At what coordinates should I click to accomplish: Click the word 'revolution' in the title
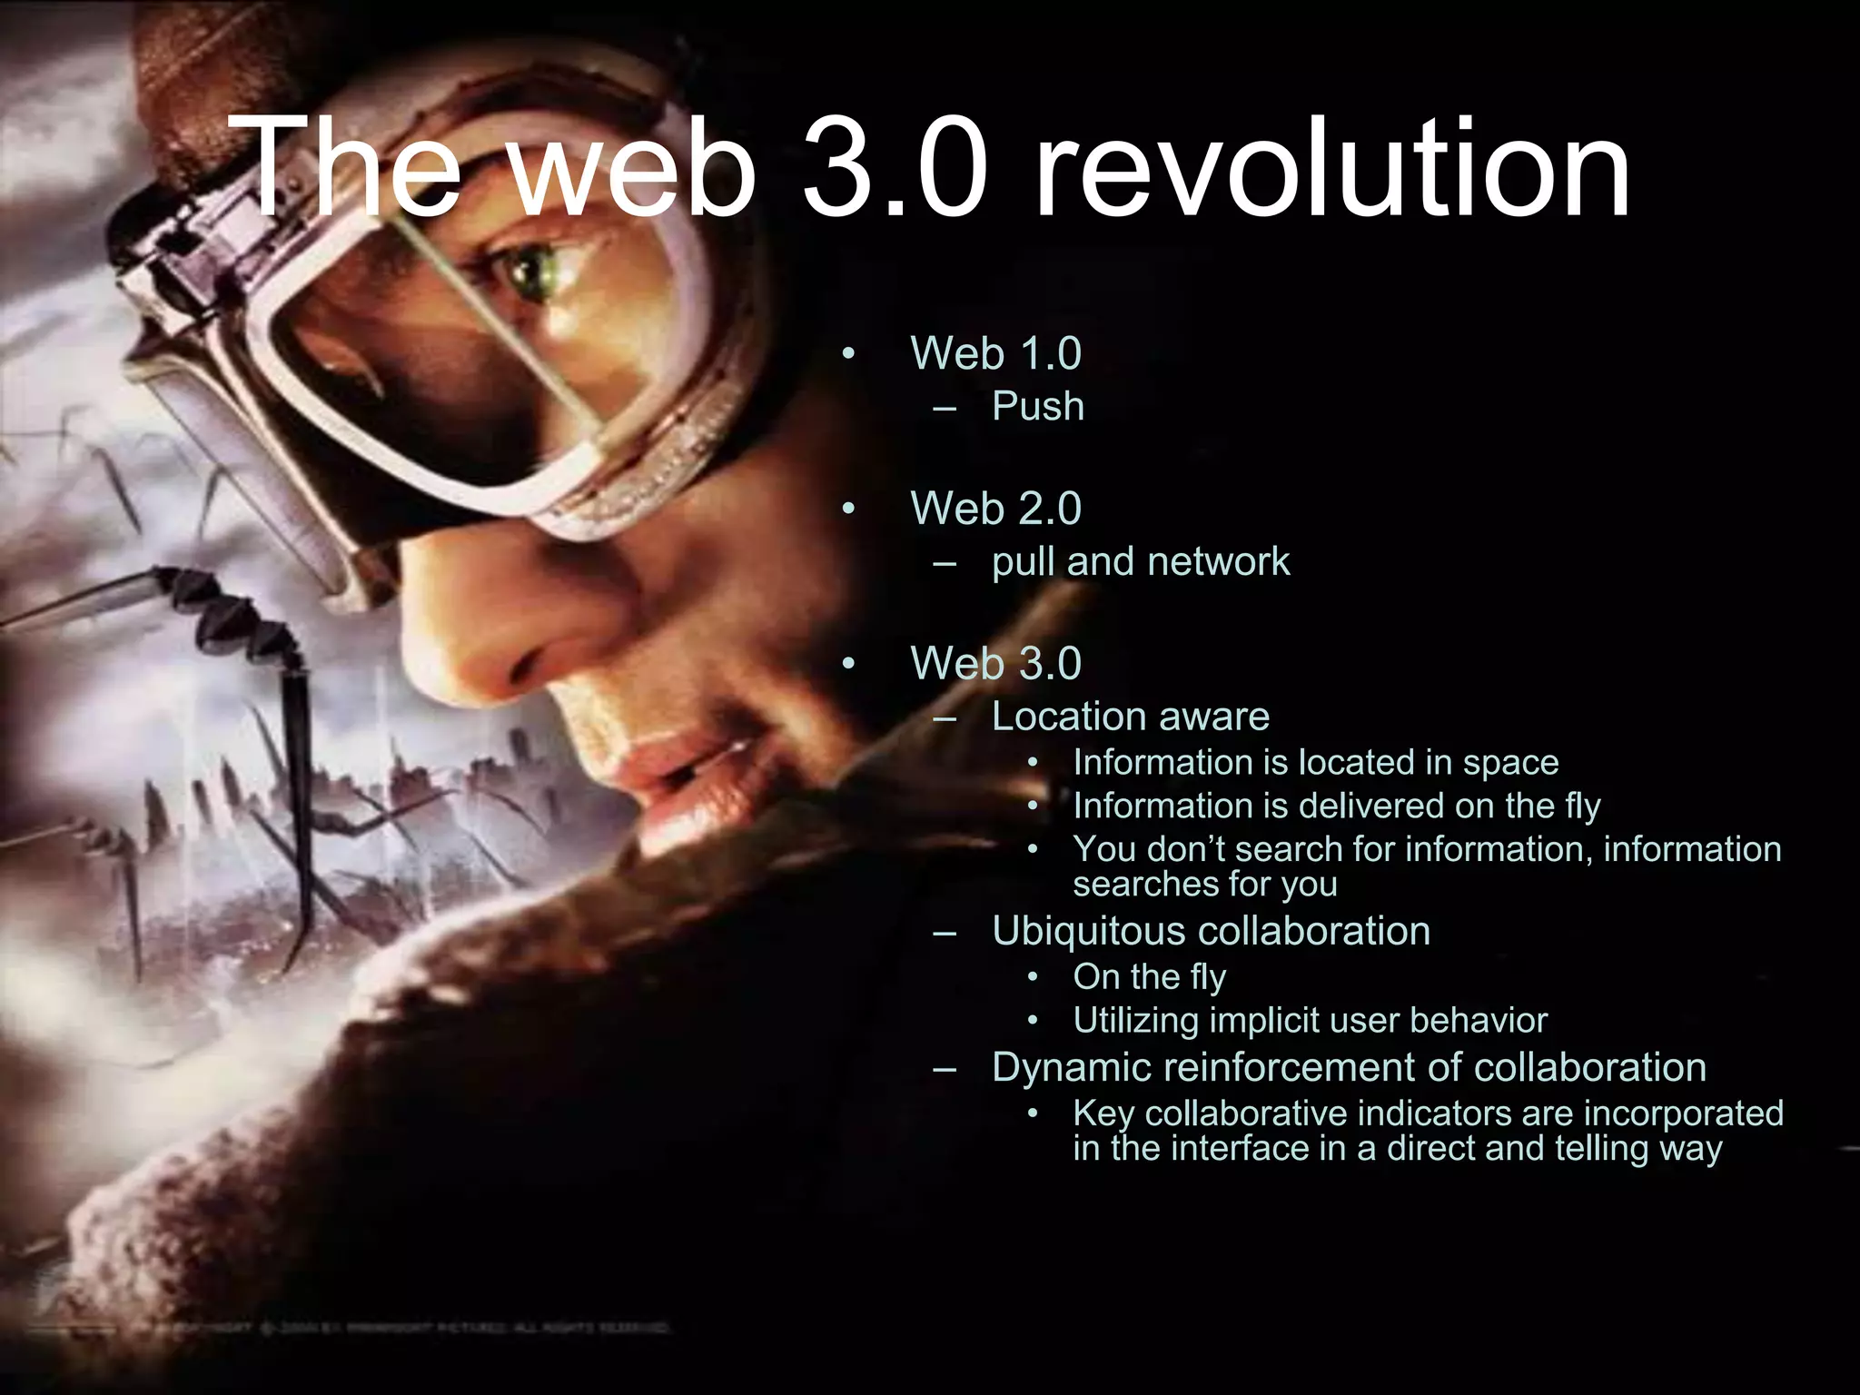tap(1333, 169)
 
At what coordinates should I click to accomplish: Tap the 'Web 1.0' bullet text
tap(995, 353)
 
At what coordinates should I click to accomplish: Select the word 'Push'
tap(1038, 406)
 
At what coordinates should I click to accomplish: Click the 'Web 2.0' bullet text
tap(995, 508)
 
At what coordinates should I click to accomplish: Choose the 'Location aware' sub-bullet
tap(1130, 717)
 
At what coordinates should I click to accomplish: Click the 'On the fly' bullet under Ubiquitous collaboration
tap(1149, 977)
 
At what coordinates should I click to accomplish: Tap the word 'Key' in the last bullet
tap(1103, 1113)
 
